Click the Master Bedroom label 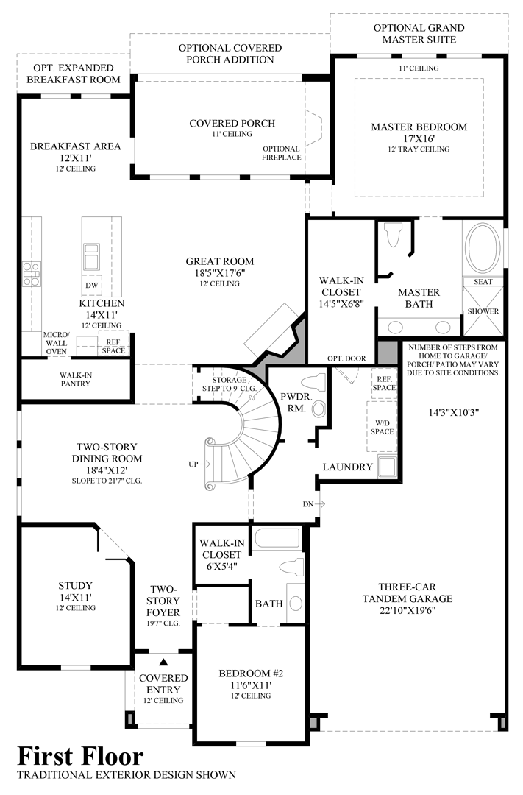coord(419,127)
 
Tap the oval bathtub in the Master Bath coord(483,247)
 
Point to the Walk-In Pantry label coord(76,379)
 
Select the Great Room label coord(219,261)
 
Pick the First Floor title coord(81,757)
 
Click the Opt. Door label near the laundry coord(347,358)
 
